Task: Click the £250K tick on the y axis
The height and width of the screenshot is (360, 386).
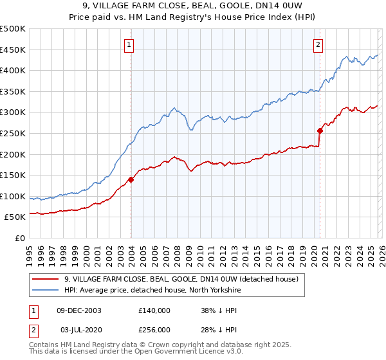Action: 14,133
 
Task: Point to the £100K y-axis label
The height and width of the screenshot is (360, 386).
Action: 14,196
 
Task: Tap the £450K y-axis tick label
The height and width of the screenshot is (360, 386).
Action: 14,50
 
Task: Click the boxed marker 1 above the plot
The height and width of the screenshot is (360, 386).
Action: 130,44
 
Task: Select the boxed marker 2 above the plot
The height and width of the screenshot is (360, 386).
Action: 318,44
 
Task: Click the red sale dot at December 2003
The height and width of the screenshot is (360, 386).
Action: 131,179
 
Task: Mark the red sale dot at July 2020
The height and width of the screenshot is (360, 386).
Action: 320,130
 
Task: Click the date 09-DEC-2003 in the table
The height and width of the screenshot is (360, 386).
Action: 79,310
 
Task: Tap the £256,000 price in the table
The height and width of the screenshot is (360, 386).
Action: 154,329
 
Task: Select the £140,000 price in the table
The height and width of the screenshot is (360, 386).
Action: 154,310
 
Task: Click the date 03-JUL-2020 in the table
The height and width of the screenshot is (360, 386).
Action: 78,329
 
